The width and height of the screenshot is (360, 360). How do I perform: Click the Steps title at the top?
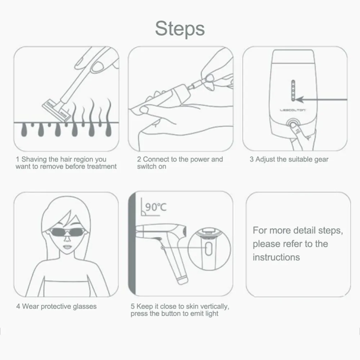tap(180, 29)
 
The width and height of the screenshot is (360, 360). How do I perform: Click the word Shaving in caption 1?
tap(35, 159)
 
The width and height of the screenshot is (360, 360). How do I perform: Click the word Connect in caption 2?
tap(156, 159)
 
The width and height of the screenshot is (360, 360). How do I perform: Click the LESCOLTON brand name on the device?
tap(293, 109)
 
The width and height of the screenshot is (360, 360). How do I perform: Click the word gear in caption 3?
tap(321, 159)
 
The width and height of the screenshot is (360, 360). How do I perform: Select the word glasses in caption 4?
tap(84, 307)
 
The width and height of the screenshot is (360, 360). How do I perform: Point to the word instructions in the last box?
tap(276, 257)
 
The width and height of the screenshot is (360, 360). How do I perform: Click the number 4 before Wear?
tap(18, 307)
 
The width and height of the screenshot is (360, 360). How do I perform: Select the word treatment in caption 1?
tap(102, 166)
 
